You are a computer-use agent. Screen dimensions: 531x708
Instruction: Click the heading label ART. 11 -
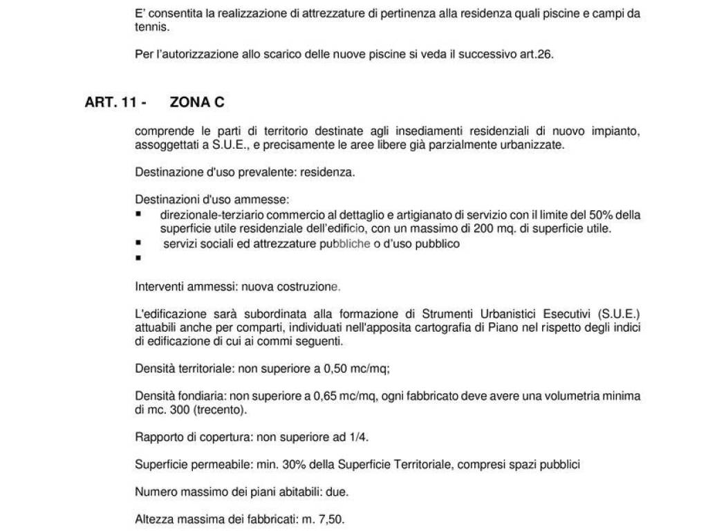pos(115,102)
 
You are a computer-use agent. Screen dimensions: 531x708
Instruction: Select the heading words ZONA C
pos(197,102)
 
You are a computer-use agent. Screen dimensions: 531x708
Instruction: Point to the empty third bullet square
pos(138,257)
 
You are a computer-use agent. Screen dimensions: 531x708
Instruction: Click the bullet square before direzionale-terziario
pos(138,215)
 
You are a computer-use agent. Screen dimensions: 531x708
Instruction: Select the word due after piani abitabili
pos(337,492)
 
